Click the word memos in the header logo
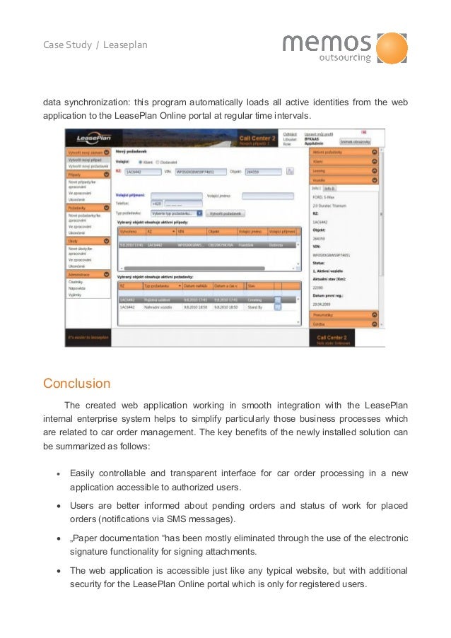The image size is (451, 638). tap(327, 44)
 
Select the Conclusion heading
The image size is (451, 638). tap(76, 384)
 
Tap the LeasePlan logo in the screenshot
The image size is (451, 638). tap(85, 138)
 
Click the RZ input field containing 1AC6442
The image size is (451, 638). tap(142, 171)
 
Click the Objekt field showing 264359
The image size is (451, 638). tap(262, 171)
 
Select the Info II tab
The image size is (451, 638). tap(329, 189)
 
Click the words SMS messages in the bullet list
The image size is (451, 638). tap(204, 520)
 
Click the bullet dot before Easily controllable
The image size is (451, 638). tap(59, 473)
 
